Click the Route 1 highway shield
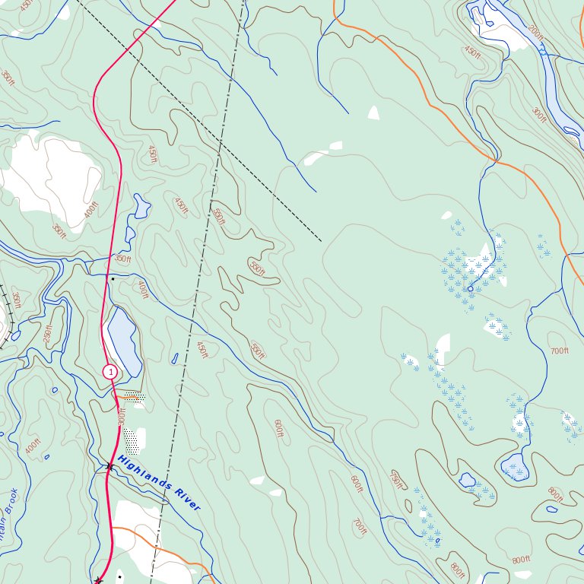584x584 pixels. click(110, 372)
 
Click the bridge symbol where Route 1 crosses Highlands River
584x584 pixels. click(110, 466)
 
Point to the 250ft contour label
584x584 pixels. click(49, 334)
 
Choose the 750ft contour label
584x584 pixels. click(395, 481)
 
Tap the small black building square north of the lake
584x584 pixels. click(113, 279)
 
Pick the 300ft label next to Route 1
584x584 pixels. click(121, 417)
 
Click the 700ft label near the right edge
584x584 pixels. click(559, 351)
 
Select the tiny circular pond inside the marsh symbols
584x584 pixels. click(470, 289)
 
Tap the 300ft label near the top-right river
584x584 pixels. click(538, 115)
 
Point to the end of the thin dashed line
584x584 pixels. click(321, 241)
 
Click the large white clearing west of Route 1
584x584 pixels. click(49, 179)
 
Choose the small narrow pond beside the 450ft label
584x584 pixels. click(175, 357)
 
